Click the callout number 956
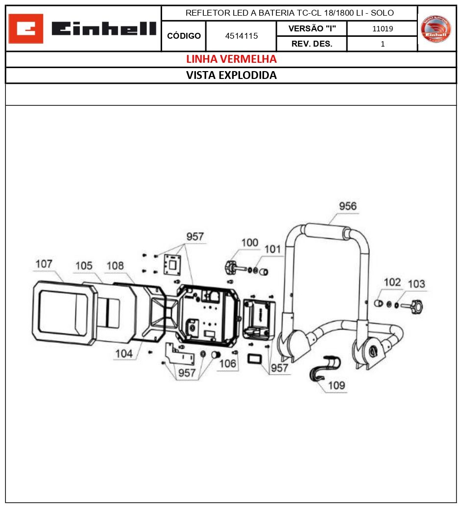[348, 206]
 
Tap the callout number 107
[44, 264]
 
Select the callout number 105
[83, 265]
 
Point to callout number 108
[115, 265]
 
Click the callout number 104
[124, 353]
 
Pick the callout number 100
[249, 242]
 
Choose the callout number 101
[273, 249]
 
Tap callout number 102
[392, 282]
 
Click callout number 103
[416, 284]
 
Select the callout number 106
[228, 363]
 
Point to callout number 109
[336, 385]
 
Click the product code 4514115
[241, 36]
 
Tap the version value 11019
[382, 28]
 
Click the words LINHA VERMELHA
[231, 59]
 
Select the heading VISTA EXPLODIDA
[231, 76]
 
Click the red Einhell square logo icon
[26, 28]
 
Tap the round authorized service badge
[436, 28]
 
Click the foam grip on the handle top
[328, 231]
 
